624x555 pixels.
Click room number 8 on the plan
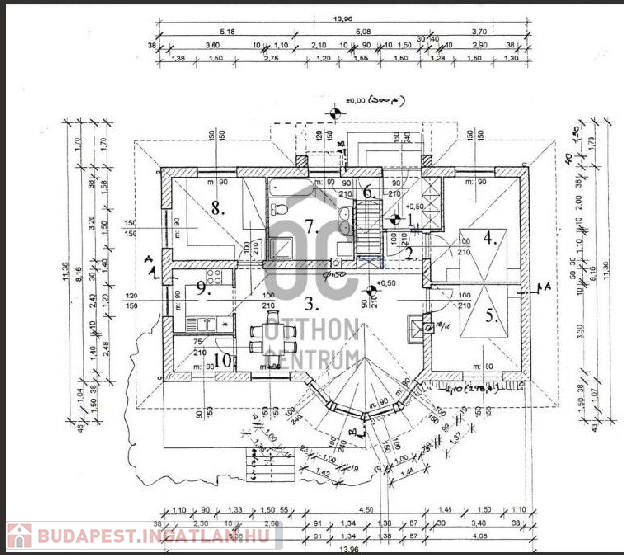217,208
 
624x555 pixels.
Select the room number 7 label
311,228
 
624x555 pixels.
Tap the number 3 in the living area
308,302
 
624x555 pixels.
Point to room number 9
202,287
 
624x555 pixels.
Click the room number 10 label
222,360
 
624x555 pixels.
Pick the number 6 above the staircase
368,192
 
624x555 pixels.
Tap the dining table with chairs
270,337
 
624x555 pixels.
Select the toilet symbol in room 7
277,208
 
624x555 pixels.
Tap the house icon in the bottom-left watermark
19,535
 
